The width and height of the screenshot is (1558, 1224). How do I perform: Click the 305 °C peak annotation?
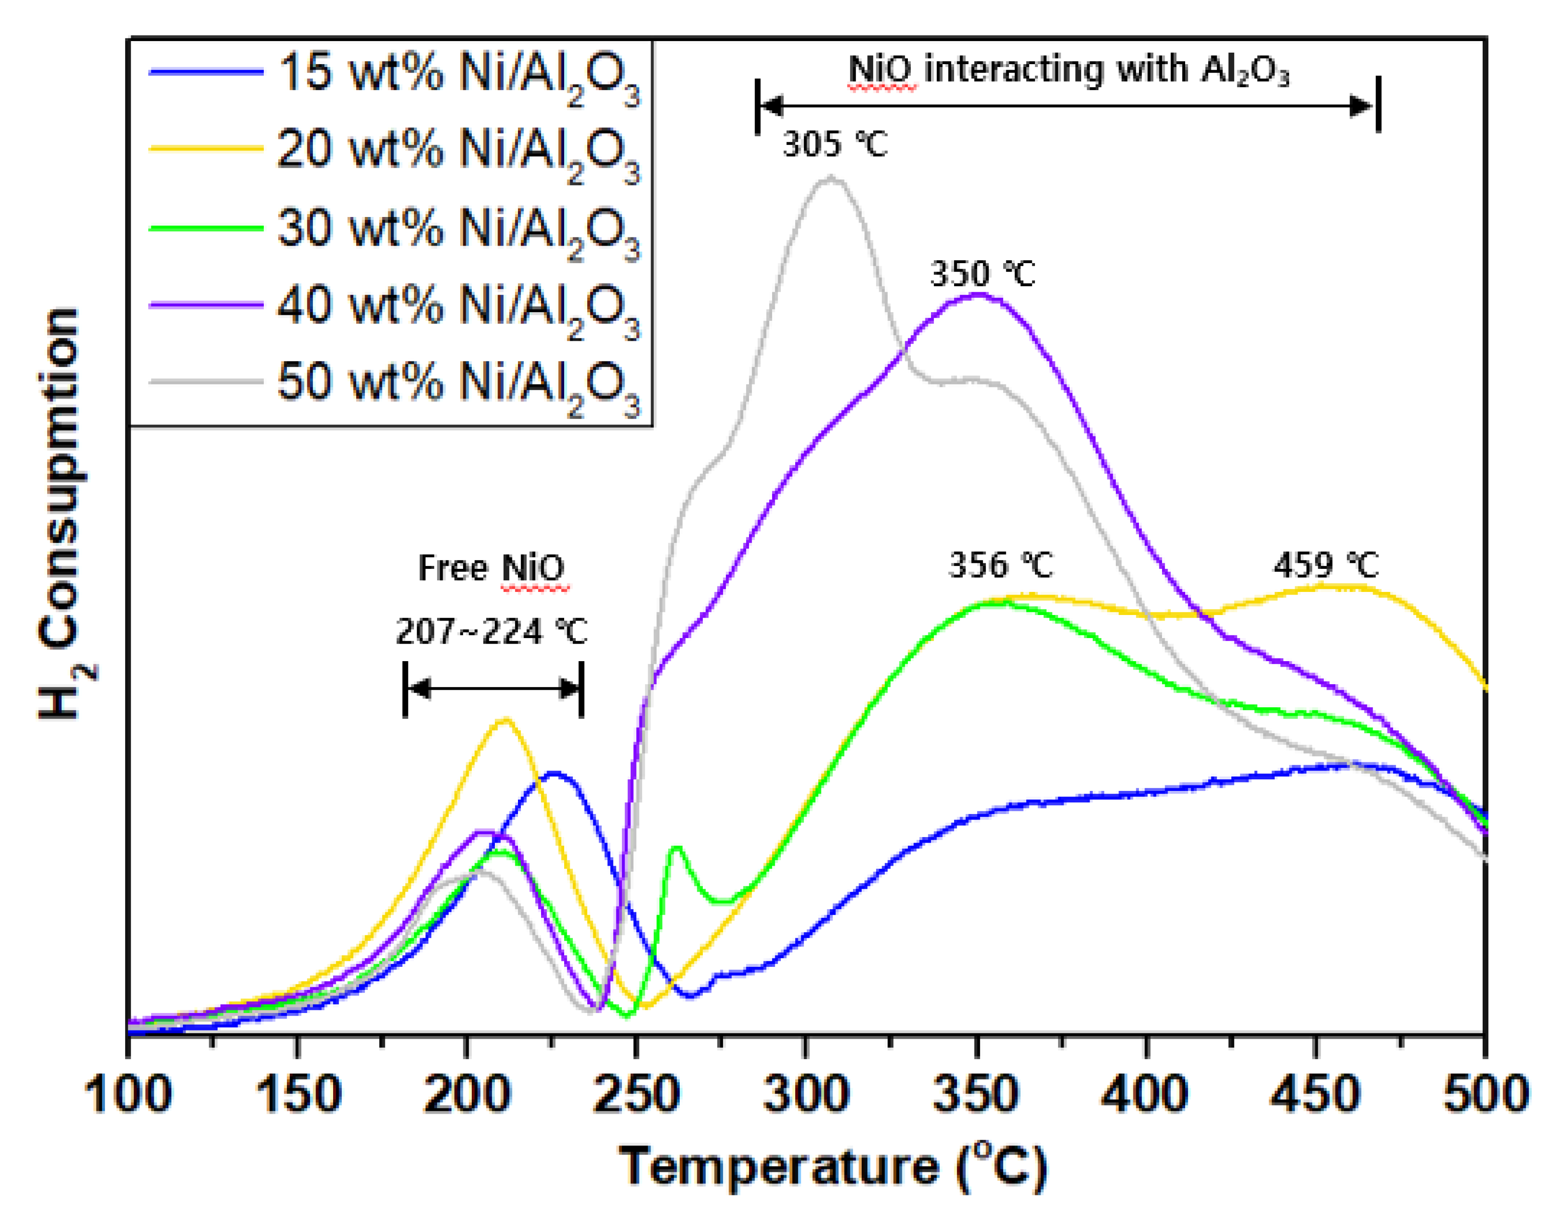[834, 145]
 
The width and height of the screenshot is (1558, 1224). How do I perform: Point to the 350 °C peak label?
[982, 274]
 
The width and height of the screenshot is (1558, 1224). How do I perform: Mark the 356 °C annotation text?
[1001, 566]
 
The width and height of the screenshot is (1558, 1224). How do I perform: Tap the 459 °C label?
[1326, 566]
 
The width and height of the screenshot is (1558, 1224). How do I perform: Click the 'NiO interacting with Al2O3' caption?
[1068, 70]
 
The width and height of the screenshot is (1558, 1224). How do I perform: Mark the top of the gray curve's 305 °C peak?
[831, 178]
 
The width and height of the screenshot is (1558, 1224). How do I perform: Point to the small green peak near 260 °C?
[676, 848]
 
